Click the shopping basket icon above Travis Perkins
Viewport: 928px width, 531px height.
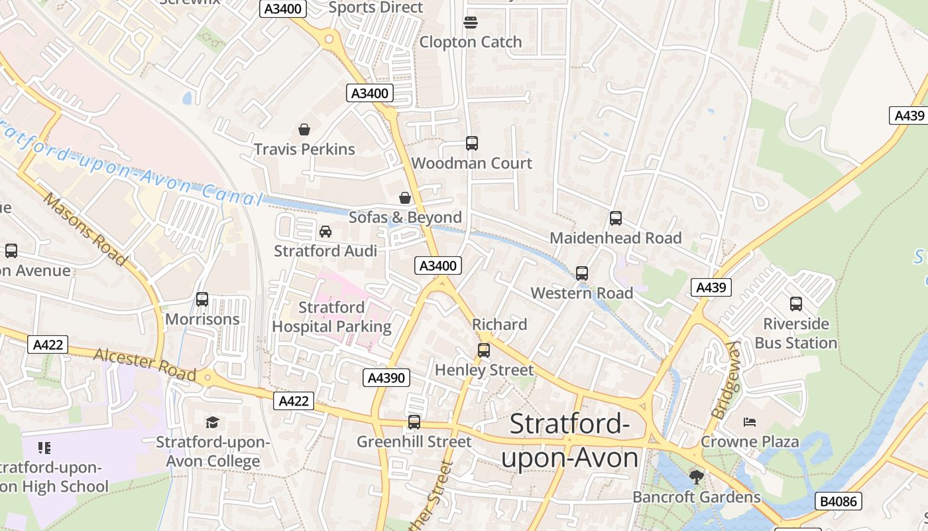coord(304,129)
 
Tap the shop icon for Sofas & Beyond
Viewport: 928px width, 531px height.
coord(405,198)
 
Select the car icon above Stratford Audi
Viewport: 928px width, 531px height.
coord(325,232)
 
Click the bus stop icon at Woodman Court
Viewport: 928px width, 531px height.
coord(472,143)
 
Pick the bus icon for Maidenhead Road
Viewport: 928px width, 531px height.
coord(616,218)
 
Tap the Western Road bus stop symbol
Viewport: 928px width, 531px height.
coord(582,273)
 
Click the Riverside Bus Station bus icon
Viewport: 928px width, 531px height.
coord(796,304)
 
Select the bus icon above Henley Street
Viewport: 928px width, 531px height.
coord(484,350)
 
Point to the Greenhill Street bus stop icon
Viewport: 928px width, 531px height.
coord(414,421)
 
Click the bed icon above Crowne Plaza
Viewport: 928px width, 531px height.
coord(750,422)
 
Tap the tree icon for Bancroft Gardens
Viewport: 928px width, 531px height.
coord(696,477)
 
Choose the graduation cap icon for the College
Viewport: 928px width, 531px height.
coord(212,422)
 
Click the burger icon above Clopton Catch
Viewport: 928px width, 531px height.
coord(471,23)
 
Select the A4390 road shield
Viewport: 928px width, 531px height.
coord(387,378)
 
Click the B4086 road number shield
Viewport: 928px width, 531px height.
coord(839,501)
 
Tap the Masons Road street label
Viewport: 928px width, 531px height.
coord(84,229)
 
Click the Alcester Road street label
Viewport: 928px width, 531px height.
coord(145,364)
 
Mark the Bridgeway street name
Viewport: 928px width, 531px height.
coord(725,380)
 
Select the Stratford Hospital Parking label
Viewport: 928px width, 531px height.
coord(331,317)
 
